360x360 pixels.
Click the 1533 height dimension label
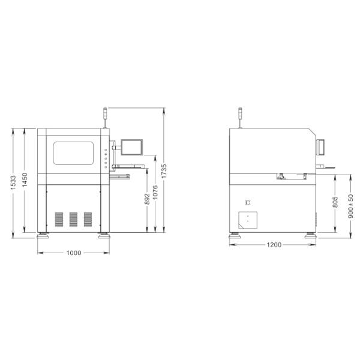point(13,182)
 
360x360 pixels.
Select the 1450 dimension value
point(25,180)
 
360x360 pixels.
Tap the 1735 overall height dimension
point(164,171)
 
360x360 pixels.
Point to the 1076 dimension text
point(155,192)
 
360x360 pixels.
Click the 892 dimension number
point(147,199)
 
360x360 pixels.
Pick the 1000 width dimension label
point(74,253)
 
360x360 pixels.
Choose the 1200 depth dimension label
point(274,245)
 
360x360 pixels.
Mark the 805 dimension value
point(335,202)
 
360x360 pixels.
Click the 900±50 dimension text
point(350,206)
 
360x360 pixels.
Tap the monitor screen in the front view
point(132,147)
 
